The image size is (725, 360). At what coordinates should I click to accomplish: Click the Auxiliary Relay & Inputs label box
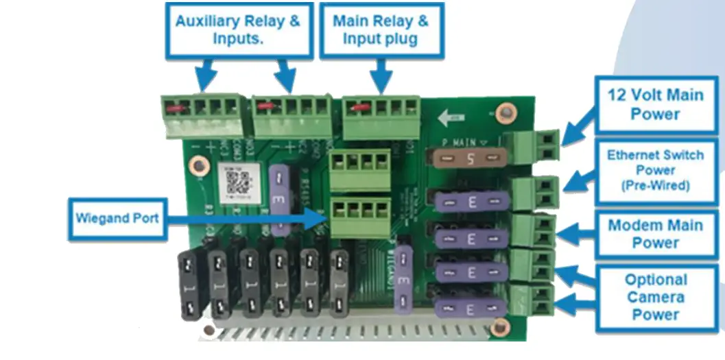(x=237, y=29)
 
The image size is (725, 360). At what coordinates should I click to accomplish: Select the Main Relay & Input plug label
(x=380, y=29)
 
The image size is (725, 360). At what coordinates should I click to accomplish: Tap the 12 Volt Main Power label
(x=655, y=104)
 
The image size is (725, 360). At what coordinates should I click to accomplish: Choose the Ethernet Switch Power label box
(x=655, y=171)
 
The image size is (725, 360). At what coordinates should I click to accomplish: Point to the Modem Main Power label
(x=655, y=234)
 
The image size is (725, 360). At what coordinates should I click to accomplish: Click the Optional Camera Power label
(x=655, y=297)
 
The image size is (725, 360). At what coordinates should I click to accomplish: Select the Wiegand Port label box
(x=117, y=218)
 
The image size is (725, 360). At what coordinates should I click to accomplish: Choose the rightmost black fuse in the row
(x=340, y=283)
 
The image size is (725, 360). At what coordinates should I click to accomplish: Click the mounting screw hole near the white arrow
(x=506, y=110)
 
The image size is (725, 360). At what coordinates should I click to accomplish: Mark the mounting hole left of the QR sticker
(x=199, y=165)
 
